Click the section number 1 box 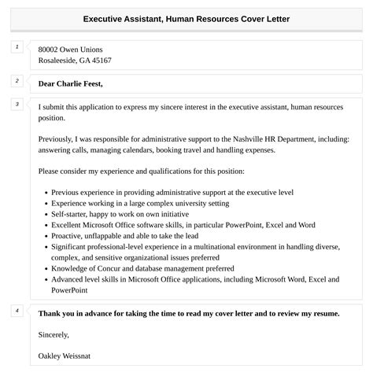pos(17,47)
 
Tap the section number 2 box pos(17,81)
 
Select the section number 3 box pos(17,104)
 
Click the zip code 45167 pos(101,61)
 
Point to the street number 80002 pos(50,50)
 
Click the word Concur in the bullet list pos(109,268)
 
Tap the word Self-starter pos(71,214)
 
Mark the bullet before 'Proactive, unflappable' pos(45,236)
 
